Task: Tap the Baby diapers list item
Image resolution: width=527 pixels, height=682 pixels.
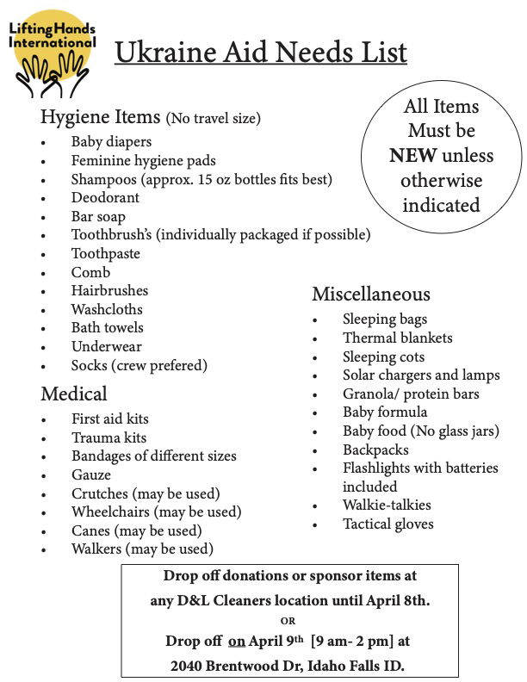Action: (x=111, y=141)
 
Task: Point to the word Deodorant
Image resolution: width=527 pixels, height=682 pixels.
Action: (x=105, y=197)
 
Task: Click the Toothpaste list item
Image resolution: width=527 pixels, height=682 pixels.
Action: (x=105, y=253)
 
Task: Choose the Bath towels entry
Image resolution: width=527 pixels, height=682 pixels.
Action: (x=108, y=327)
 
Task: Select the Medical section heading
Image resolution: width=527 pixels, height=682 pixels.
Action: (x=74, y=394)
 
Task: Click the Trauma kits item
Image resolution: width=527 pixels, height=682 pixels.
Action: (x=108, y=437)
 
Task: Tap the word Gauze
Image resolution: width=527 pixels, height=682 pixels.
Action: (x=91, y=474)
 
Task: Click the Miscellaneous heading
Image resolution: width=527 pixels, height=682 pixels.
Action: (x=370, y=294)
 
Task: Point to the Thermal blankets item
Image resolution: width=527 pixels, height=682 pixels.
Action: (x=397, y=338)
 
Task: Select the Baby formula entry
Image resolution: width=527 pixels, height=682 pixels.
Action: (x=385, y=412)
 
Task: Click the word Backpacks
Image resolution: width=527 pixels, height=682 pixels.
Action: (x=375, y=449)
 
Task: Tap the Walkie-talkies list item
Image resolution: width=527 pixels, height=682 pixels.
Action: (x=387, y=505)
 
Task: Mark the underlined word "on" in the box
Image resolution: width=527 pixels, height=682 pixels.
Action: (x=237, y=641)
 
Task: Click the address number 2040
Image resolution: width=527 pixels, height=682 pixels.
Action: (x=189, y=665)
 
